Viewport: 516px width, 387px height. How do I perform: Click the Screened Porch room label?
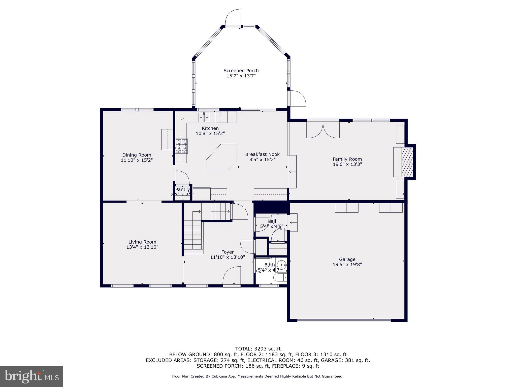pos(241,71)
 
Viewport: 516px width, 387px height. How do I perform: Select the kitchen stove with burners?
pos(182,146)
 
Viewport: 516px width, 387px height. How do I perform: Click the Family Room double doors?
pos(323,130)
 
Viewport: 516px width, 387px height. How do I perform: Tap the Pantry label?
pos(182,189)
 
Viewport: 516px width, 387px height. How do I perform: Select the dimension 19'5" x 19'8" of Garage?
pos(347,264)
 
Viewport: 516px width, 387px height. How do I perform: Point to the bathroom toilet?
pos(280,278)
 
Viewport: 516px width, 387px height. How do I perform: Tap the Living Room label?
pos(142,242)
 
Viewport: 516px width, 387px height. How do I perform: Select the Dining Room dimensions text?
pos(137,160)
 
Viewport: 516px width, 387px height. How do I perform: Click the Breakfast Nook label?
pos(262,154)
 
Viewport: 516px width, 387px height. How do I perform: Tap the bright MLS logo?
pos(31,376)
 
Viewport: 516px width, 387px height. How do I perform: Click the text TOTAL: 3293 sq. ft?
pos(258,349)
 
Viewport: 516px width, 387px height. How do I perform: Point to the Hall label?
pos(272,221)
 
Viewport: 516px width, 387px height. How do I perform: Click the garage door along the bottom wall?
pos(344,320)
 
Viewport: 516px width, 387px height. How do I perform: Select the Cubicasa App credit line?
pos(258,376)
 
